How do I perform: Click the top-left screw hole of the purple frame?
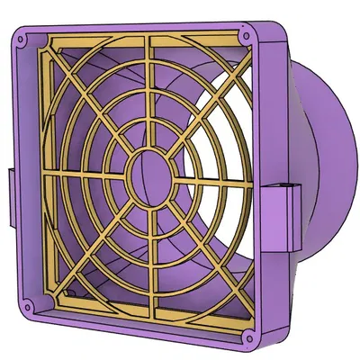click(21, 40)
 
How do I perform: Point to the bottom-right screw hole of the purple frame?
click(248, 338)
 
